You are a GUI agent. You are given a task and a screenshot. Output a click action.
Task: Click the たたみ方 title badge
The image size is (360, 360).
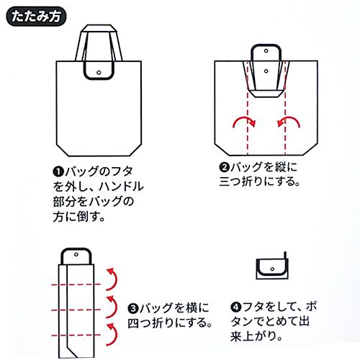(35, 14)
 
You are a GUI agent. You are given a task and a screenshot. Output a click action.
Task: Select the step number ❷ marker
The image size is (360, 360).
(224, 167)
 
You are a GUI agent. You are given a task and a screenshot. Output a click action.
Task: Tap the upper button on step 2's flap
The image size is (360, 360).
(266, 53)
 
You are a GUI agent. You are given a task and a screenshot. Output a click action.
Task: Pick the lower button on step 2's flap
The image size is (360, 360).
(266, 71)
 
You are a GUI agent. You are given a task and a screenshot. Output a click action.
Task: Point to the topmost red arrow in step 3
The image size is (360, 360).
(111, 277)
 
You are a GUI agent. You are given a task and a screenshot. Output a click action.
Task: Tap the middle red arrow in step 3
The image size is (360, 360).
(111, 305)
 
